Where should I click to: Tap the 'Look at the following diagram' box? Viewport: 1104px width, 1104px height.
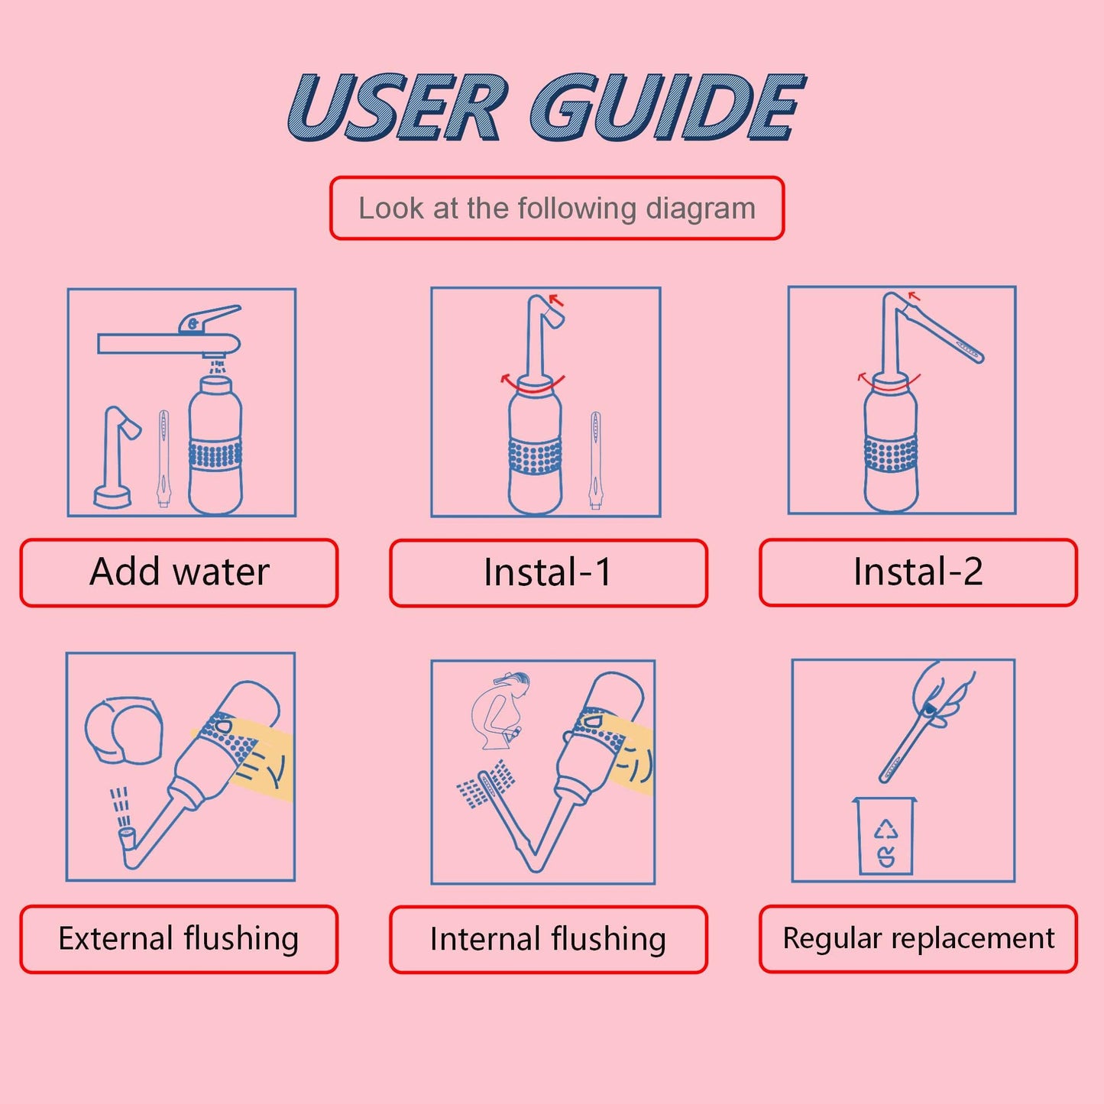tap(556, 209)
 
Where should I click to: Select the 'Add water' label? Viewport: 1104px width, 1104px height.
tap(179, 572)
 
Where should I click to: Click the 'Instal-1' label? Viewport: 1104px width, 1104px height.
tap(548, 572)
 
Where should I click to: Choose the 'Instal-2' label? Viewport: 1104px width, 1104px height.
tap(918, 571)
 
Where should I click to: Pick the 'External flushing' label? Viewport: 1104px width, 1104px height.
tap(179, 939)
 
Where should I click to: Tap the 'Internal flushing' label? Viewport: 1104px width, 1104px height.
tap(548, 939)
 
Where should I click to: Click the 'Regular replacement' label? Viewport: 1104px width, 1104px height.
tap(918, 938)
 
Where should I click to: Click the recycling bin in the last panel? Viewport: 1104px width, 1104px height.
tap(884, 837)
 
